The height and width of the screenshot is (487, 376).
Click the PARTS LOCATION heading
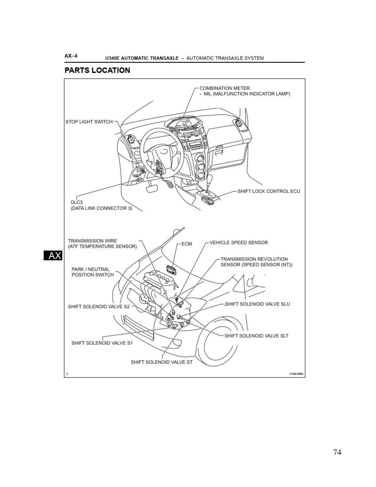click(97, 70)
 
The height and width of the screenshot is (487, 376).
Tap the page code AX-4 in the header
click(71, 56)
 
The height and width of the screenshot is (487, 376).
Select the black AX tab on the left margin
click(53, 256)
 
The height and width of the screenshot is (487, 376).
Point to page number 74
click(337, 452)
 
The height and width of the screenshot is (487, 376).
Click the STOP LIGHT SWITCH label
click(89, 122)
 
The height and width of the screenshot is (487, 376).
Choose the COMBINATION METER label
click(224, 88)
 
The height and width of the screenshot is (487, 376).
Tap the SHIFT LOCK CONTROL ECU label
click(268, 191)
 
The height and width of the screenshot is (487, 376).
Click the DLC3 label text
click(77, 202)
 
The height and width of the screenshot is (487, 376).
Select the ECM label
click(186, 244)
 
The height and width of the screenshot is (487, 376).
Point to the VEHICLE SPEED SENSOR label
click(239, 243)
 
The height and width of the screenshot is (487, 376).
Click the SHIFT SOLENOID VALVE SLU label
click(257, 304)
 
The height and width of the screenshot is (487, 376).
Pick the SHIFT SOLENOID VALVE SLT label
click(256, 336)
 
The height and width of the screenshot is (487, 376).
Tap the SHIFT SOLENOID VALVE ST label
click(161, 362)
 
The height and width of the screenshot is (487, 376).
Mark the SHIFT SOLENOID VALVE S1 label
click(102, 343)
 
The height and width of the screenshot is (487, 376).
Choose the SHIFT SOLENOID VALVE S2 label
click(98, 307)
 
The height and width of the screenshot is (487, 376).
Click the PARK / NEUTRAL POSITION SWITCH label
click(92, 272)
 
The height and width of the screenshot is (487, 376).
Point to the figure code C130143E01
click(296, 374)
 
